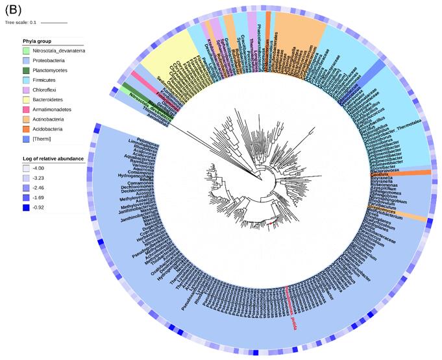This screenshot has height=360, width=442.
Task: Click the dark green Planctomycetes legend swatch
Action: tap(27, 70)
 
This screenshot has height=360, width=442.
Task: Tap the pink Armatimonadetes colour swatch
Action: tap(27, 110)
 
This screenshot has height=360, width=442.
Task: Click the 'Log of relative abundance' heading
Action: tap(53, 158)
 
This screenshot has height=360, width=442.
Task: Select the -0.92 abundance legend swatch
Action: tap(27, 207)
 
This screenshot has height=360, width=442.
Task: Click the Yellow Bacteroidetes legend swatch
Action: tap(27, 100)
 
